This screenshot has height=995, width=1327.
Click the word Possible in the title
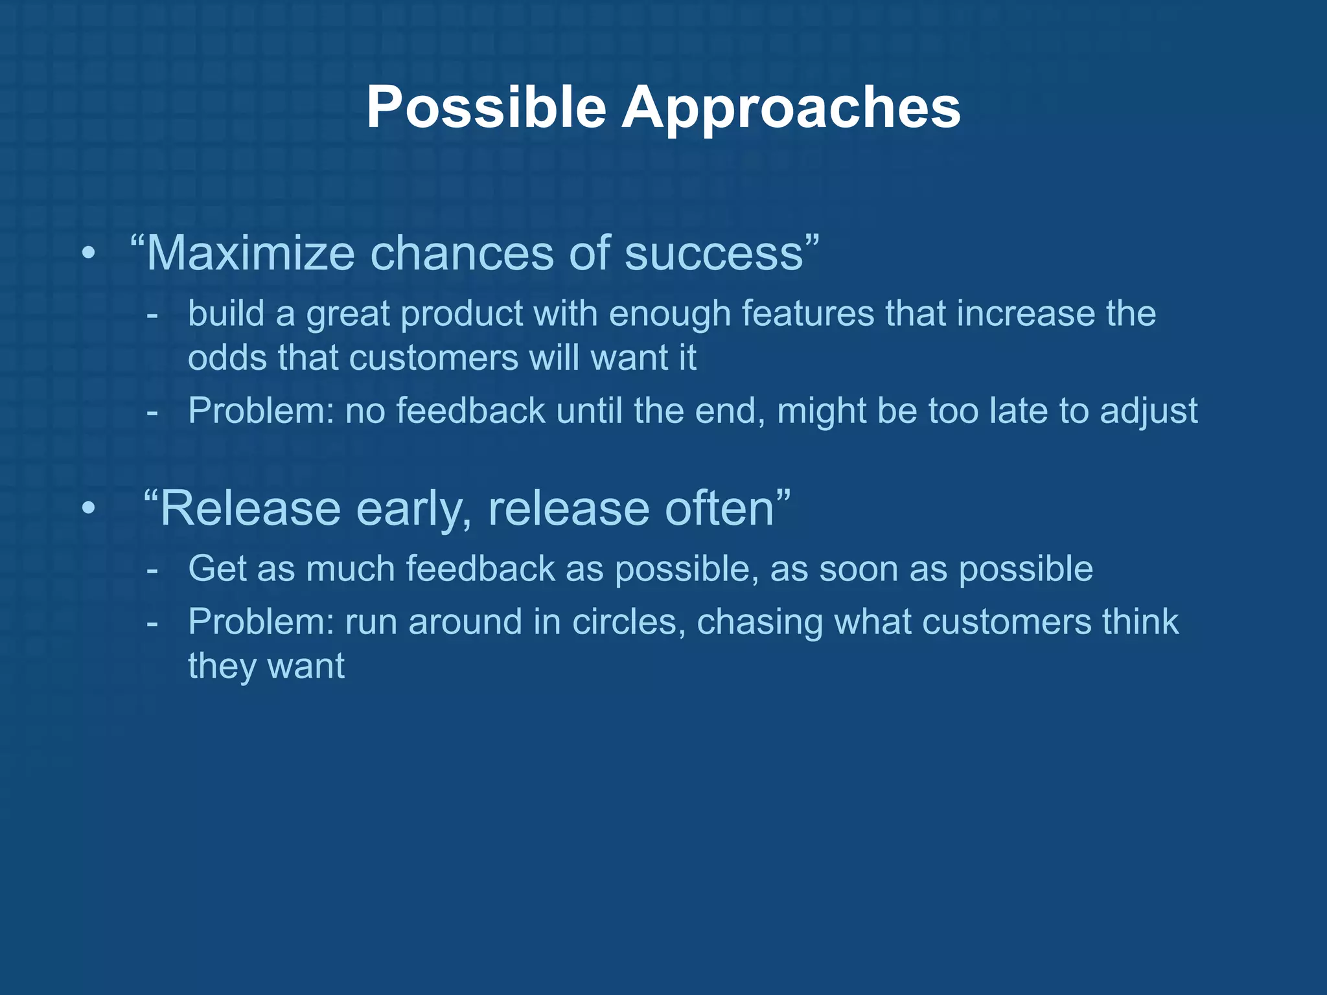pyautogui.click(x=486, y=108)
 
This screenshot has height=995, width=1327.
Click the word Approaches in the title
pyautogui.click(x=791, y=108)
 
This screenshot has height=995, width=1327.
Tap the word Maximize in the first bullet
pyautogui.click(x=250, y=253)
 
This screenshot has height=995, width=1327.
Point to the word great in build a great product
pyautogui.click(x=349, y=315)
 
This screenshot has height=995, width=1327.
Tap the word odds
pyautogui.click(x=227, y=358)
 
